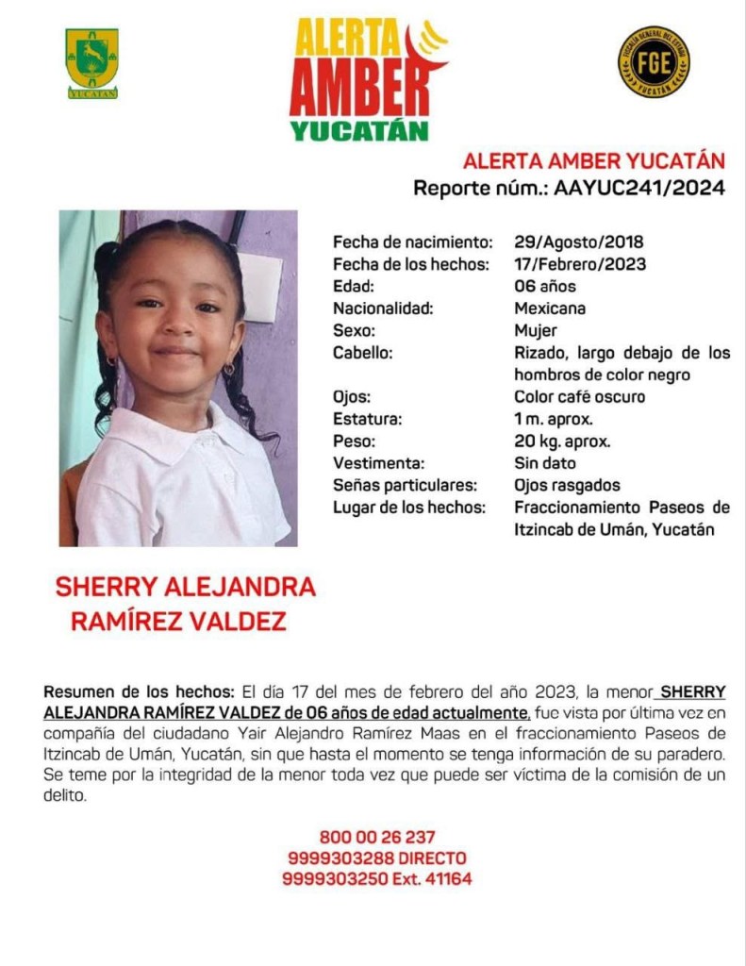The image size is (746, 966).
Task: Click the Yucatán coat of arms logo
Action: [x=91, y=62]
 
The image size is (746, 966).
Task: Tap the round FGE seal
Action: [x=653, y=61]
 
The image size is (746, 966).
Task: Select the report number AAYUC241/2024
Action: [x=638, y=188]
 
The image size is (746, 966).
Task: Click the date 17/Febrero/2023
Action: [x=580, y=264]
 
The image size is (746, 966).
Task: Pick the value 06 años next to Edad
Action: [x=544, y=286]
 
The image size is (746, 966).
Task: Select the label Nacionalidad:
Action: [x=382, y=308]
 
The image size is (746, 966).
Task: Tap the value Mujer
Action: [x=535, y=330]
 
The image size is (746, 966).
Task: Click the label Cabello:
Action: [x=362, y=353]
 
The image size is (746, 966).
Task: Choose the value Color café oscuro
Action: [x=579, y=396]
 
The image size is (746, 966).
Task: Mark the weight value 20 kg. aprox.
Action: [x=562, y=441]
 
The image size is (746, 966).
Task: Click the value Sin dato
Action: [x=544, y=463]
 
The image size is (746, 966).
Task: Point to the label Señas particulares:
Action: [x=405, y=485]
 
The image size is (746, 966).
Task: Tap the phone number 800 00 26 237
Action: [x=376, y=837]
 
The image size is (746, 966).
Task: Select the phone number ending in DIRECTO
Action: [x=376, y=858]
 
